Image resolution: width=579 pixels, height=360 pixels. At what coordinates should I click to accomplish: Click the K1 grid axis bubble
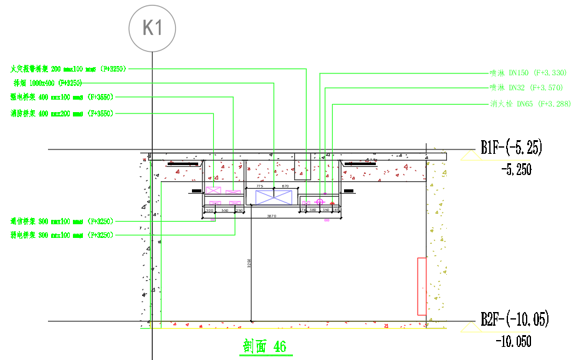coord(152,28)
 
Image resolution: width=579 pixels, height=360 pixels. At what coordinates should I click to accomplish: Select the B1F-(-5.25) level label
coord(511,148)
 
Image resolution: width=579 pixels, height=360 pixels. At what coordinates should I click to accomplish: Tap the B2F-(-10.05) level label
coord(514,320)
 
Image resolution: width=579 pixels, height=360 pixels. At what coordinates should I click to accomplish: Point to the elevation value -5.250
coord(516,169)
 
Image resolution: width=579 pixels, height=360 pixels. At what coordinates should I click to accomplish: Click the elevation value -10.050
coord(514,342)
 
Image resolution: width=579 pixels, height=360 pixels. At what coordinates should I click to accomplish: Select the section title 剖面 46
coord(264,346)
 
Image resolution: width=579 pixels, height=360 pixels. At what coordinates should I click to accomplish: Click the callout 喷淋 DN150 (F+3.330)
coord(528,73)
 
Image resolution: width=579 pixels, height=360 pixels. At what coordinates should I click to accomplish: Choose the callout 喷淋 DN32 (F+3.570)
coord(528,88)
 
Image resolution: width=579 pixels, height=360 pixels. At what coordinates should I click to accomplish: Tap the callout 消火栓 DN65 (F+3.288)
coord(530,103)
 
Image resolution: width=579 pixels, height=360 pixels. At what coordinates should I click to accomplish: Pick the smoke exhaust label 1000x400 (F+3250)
coord(47,82)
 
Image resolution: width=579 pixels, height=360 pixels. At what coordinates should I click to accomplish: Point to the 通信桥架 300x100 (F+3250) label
coord(60,221)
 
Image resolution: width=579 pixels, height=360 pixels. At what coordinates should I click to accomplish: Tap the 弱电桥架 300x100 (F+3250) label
coord(60,235)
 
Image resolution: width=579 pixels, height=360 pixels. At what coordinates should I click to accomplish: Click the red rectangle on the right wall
coord(421,286)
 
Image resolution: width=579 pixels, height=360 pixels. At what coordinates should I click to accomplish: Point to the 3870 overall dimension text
coord(272,216)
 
